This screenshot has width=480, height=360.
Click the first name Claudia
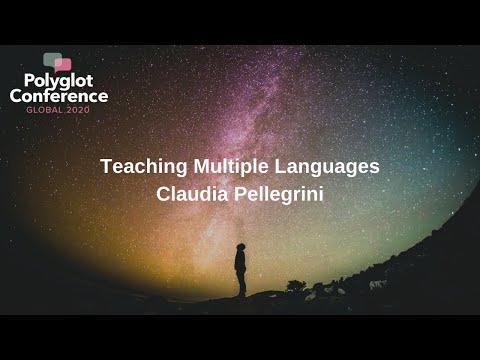click(191, 194)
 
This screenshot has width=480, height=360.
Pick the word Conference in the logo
click(59, 96)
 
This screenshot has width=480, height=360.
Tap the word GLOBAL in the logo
click(44, 109)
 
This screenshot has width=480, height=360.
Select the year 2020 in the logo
click(77, 109)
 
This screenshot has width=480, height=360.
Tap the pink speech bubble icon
click(64, 64)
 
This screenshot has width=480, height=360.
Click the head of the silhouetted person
click(240, 246)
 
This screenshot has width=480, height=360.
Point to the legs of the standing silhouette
click(241, 284)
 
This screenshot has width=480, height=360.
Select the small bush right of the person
click(296, 286)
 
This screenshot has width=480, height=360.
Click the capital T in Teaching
click(106, 167)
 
